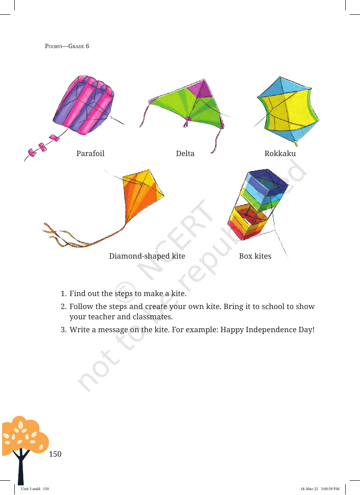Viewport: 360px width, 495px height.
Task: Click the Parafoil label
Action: pos(90,153)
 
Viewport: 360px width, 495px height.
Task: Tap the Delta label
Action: pos(185,153)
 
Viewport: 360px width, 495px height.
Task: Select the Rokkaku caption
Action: pos(280,153)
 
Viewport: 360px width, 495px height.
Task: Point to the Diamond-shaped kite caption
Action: pos(147,256)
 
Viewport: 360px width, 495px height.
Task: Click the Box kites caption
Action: pos(255,256)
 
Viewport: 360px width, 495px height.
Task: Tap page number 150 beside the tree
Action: pos(55,454)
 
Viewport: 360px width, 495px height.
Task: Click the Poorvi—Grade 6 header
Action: pos(67,46)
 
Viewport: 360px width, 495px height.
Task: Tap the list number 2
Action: pos(63,306)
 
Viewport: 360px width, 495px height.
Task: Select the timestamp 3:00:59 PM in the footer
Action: pos(330,489)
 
